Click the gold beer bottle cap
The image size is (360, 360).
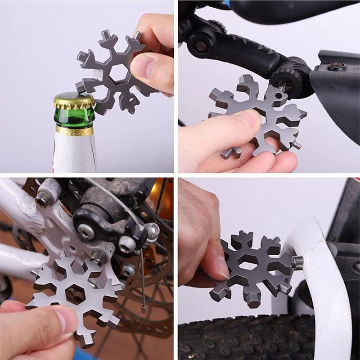[74, 100]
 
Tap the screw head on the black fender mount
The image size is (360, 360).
[337, 67]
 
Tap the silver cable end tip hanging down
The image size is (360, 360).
[143, 309]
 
